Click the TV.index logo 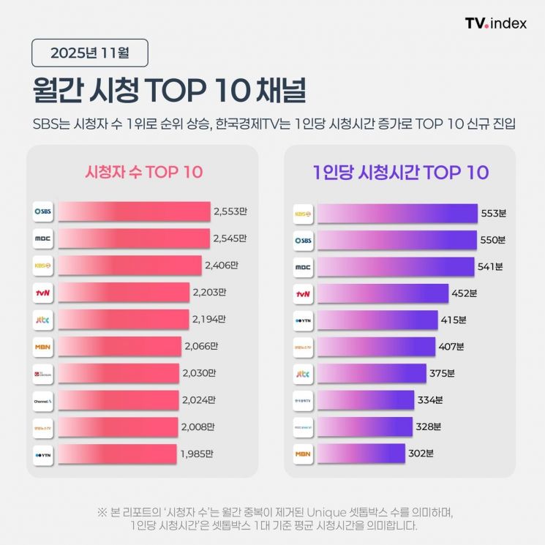[495, 23]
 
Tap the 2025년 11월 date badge [90, 53]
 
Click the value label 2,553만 [230, 212]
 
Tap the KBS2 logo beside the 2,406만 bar [43, 266]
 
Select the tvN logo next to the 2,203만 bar [43, 293]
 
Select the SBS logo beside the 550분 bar [303, 240]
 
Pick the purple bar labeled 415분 [377, 320]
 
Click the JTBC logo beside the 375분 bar [303, 374]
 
